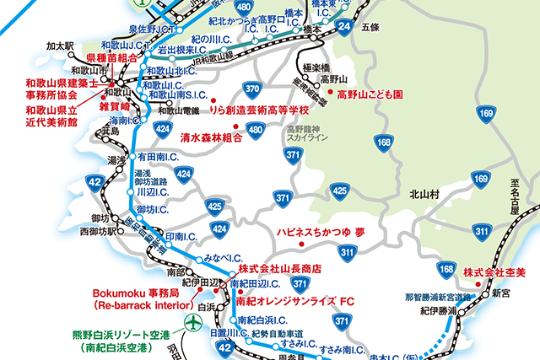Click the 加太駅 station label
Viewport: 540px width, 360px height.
61,45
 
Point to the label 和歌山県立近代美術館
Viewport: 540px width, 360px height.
51,116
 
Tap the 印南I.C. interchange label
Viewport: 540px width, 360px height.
181,237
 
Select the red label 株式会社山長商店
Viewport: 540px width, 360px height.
279,267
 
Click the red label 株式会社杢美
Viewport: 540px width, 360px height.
494,271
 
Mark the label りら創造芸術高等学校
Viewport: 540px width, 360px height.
261,110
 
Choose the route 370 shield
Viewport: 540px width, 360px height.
251,88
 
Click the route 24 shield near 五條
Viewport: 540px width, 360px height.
343,29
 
